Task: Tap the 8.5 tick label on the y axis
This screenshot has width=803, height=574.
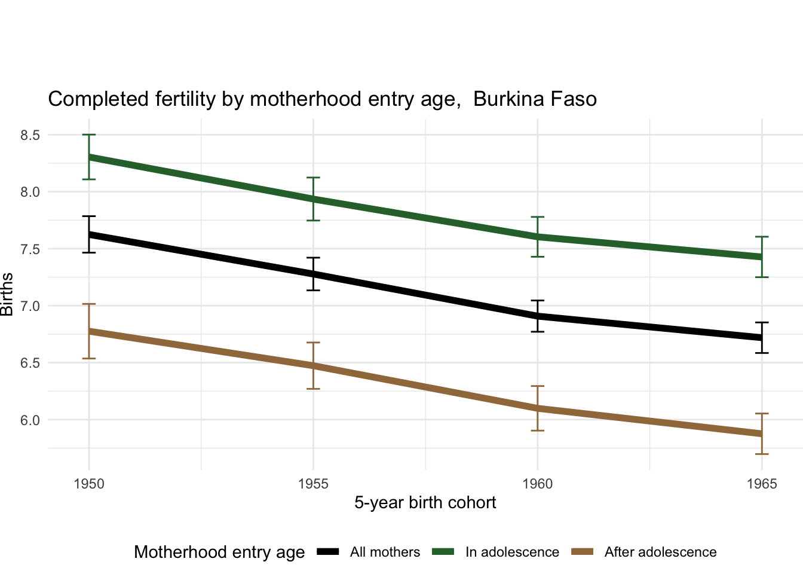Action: [x=30, y=135]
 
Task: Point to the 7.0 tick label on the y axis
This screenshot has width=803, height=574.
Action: [x=30, y=306]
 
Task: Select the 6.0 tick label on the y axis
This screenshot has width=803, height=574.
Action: [x=30, y=420]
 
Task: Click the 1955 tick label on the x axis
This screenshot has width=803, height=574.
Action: [x=313, y=484]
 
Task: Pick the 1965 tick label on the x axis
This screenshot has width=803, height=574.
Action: [x=762, y=484]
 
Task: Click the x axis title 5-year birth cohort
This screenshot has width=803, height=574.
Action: [x=425, y=502]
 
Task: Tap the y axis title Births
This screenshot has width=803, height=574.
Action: [x=7, y=294]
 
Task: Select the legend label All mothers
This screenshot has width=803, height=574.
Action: [x=385, y=552]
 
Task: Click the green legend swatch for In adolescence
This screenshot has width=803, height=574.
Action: [x=444, y=552]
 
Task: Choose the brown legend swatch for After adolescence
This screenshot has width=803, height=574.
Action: [x=583, y=552]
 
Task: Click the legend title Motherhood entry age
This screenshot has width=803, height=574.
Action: [x=219, y=552]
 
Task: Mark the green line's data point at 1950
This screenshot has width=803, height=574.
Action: [x=89, y=157]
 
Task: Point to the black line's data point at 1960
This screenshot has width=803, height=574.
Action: [x=538, y=316]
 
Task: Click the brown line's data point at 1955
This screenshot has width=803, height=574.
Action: [x=313, y=366]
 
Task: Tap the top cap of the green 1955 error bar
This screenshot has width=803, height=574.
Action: [x=313, y=178]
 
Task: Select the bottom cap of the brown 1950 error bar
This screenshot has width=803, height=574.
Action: [x=89, y=358]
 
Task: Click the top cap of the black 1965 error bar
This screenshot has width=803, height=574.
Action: [x=762, y=322]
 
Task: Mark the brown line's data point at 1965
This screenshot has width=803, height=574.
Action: [x=762, y=433]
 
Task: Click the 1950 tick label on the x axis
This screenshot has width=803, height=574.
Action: [x=89, y=484]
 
